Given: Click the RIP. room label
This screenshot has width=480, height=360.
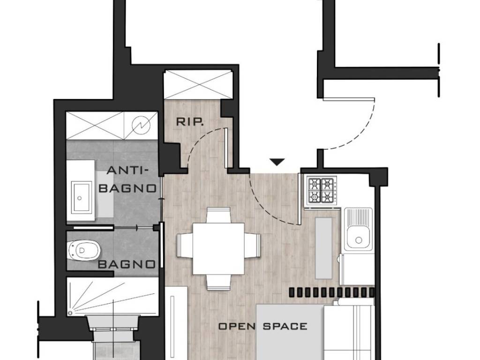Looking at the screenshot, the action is tap(190, 122).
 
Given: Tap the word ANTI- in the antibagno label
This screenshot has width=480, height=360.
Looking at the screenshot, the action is tap(127, 170).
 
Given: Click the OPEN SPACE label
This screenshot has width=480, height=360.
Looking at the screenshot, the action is tap(262, 326).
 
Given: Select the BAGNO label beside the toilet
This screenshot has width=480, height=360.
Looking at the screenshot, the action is tap(127, 264).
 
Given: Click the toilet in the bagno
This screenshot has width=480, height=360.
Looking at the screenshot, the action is tap(83, 250).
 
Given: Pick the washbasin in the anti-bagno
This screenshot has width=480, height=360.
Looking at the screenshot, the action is tap(82, 197).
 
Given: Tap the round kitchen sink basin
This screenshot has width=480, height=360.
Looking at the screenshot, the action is tap(358, 240).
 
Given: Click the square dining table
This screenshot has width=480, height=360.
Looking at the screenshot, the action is tap(218, 248).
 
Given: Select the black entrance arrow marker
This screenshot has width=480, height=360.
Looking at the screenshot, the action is tap(277, 162).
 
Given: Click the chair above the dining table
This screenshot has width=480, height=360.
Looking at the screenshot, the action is tap(218, 215).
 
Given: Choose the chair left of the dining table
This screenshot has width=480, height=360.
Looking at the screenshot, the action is tap(185, 246).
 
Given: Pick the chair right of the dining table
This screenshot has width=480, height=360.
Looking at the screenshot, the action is tap(252, 246).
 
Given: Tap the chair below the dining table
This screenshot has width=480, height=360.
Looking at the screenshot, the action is tap(218, 282).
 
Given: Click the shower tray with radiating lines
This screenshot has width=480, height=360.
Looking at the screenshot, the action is tap(112, 296).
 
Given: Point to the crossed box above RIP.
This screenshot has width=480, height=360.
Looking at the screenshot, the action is tap(198, 84).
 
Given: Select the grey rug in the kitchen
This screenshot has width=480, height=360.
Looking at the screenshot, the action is tap(323, 248).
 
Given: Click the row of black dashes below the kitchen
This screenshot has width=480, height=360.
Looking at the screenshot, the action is tap(331, 292).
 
